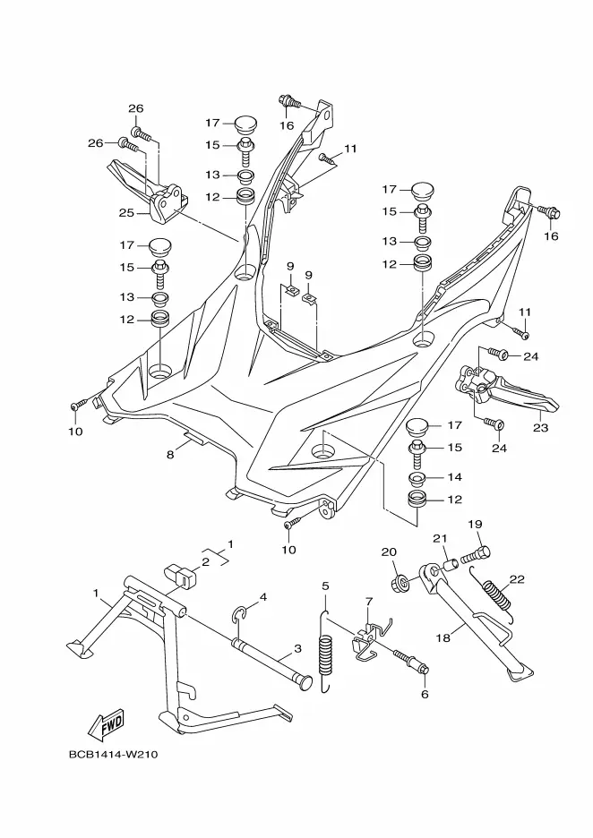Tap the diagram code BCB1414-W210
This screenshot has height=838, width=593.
click(x=119, y=753)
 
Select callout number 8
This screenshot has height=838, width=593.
click(x=169, y=454)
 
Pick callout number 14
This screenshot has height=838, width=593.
click(x=454, y=477)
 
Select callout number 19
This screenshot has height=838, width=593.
click(x=474, y=524)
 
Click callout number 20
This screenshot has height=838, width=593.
click(x=389, y=552)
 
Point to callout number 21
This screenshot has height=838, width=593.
click(x=440, y=538)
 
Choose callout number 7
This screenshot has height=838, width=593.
click(x=367, y=601)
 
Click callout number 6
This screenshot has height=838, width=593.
click(x=425, y=693)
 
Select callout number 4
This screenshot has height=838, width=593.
click(x=263, y=597)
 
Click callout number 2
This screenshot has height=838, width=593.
click(x=204, y=561)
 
